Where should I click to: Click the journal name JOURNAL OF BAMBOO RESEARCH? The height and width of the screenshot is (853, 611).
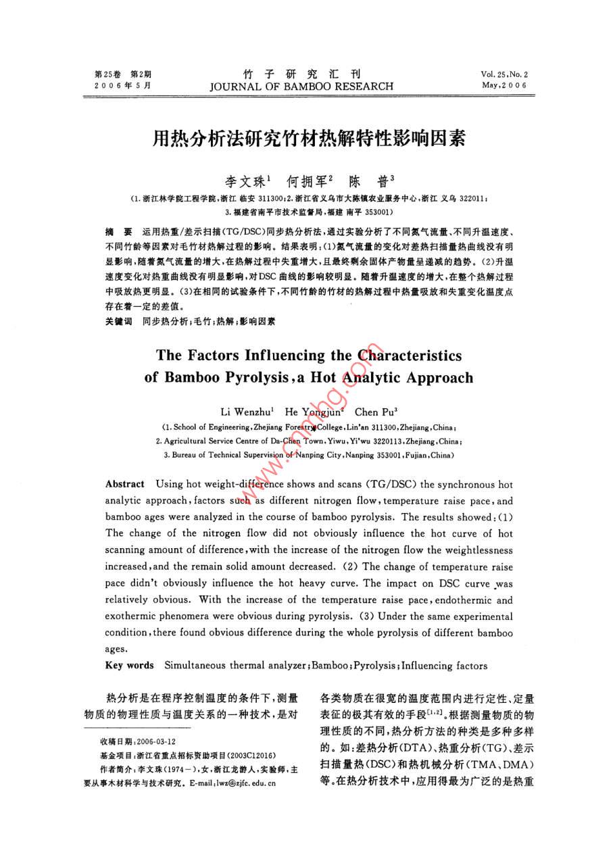tap(301, 87)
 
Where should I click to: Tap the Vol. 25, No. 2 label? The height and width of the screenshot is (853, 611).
tap(504, 74)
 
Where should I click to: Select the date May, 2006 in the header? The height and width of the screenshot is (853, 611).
tap(504, 86)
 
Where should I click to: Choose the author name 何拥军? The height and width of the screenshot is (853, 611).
tap(307, 181)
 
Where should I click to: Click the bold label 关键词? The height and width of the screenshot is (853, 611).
tap(118, 322)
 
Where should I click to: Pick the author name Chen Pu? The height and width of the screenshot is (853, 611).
tap(375, 412)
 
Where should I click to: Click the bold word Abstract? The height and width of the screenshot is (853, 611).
tap(125, 484)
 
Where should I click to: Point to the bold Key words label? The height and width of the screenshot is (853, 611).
tap(130, 666)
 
